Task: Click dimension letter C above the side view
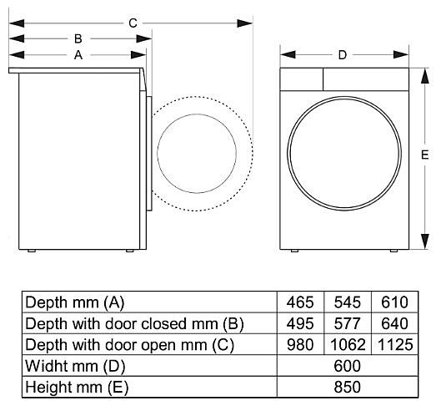pyautogui.click(x=133, y=23)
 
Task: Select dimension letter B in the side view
pyautogui.click(x=78, y=38)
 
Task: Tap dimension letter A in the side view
pyautogui.click(x=78, y=55)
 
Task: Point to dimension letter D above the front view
pyautogui.click(x=343, y=55)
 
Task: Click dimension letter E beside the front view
pyautogui.click(x=424, y=155)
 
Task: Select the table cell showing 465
pyautogui.click(x=300, y=302)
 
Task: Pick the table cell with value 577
pyautogui.click(x=348, y=323)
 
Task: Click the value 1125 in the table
pyautogui.click(x=395, y=345)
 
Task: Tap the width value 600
pyautogui.click(x=348, y=366)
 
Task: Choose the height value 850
pyautogui.click(x=348, y=387)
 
